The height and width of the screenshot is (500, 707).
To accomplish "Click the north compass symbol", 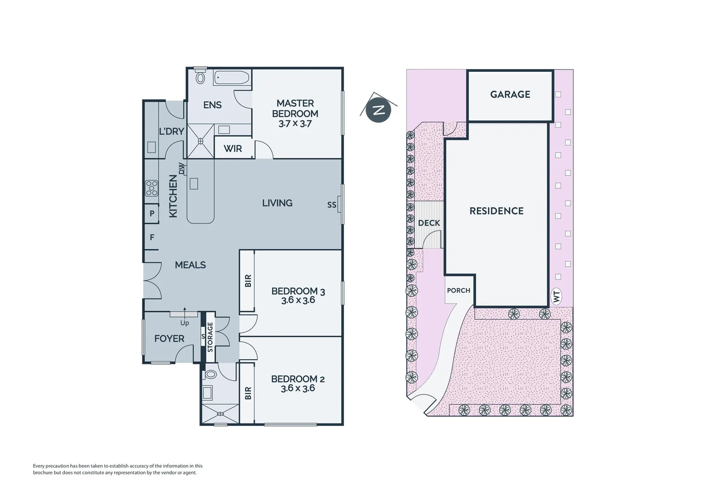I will coord(378,111).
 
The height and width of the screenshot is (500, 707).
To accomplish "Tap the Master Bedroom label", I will coord(295,108).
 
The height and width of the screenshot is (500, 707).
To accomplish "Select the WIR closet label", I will coord(233,149).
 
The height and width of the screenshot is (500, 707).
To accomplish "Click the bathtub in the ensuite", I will coord(232,78).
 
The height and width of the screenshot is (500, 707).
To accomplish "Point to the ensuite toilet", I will coord(200,77).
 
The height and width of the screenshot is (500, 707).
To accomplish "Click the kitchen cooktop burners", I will coord(151,188).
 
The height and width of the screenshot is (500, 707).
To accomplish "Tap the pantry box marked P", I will coord(151,214).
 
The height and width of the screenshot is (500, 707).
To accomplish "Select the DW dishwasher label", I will coord(181,169).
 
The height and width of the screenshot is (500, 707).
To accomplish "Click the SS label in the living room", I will coord(332,205).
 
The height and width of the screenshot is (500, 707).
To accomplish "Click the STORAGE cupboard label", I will coord(210,337).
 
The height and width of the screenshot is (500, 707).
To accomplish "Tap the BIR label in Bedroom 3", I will coord(248,281).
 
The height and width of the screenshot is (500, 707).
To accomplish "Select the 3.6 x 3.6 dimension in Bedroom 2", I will coord(298,388).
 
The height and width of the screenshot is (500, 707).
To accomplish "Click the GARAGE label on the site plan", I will coord(510,94).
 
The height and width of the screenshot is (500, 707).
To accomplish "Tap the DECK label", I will coord(429,223).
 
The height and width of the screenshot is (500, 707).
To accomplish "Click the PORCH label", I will coord(459,290).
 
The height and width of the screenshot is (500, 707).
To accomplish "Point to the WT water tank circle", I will coord(557,296).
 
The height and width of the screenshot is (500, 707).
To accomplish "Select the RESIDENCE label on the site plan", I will coord(496,211).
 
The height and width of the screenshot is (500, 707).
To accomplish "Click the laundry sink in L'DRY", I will coord(151,147).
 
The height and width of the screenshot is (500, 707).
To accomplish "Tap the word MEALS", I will coord(190,265).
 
